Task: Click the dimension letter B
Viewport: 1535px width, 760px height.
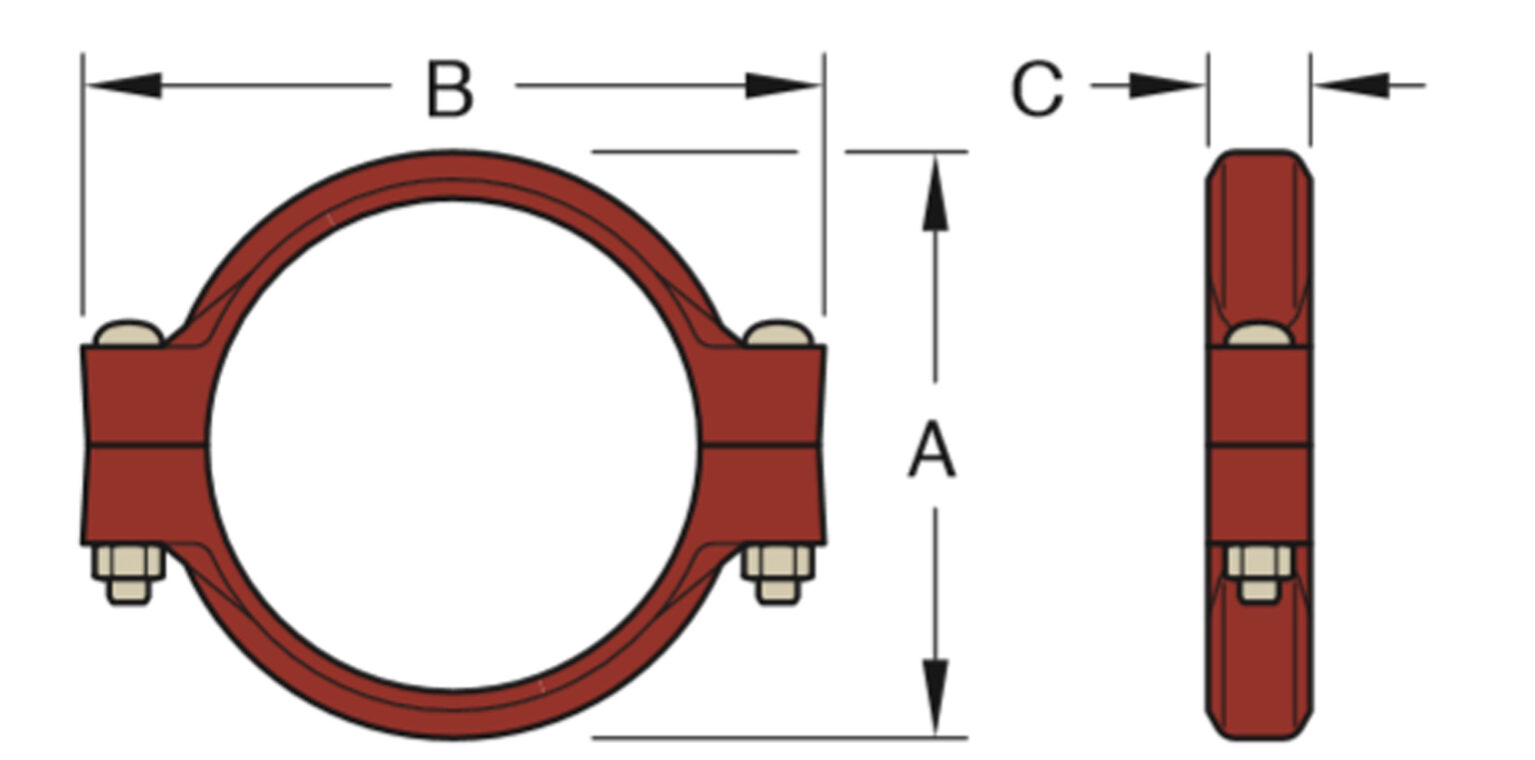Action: click(x=450, y=89)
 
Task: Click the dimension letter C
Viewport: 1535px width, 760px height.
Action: click(x=1037, y=89)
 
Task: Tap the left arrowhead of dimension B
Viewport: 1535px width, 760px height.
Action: click(x=124, y=85)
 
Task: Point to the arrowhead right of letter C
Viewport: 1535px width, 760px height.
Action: click(x=1165, y=86)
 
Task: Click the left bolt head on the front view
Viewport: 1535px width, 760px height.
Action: click(x=129, y=333)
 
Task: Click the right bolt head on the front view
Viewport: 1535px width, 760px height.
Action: click(x=778, y=333)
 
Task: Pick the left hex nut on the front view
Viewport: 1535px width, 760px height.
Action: click(x=129, y=566)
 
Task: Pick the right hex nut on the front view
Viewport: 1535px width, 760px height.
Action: click(x=778, y=566)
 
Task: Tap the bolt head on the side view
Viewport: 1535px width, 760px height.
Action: click(x=1259, y=335)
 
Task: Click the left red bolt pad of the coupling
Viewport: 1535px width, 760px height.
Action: click(x=144, y=445)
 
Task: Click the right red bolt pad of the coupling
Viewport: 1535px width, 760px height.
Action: click(x=763, y=445)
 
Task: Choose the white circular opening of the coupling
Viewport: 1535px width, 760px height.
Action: click(x=453, y=445)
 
